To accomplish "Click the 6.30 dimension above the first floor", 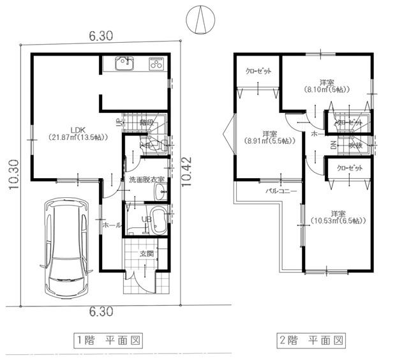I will pyautogui.click(x=101, y=37).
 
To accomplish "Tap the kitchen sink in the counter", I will pyautogui.click(x=124, y=63).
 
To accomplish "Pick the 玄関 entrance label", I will pyautogui.click(x=147, y=254).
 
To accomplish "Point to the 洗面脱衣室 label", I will pyautogui.click(x=145, y=181).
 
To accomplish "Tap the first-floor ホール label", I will pyautogui.click(x=112, y=225).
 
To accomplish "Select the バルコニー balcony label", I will pyautogui.click(x=281, y=191).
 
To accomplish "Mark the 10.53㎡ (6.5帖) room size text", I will pyautogui.click(x=338, y=221).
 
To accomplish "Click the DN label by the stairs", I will pyautogui.click(x=333, y=146).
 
